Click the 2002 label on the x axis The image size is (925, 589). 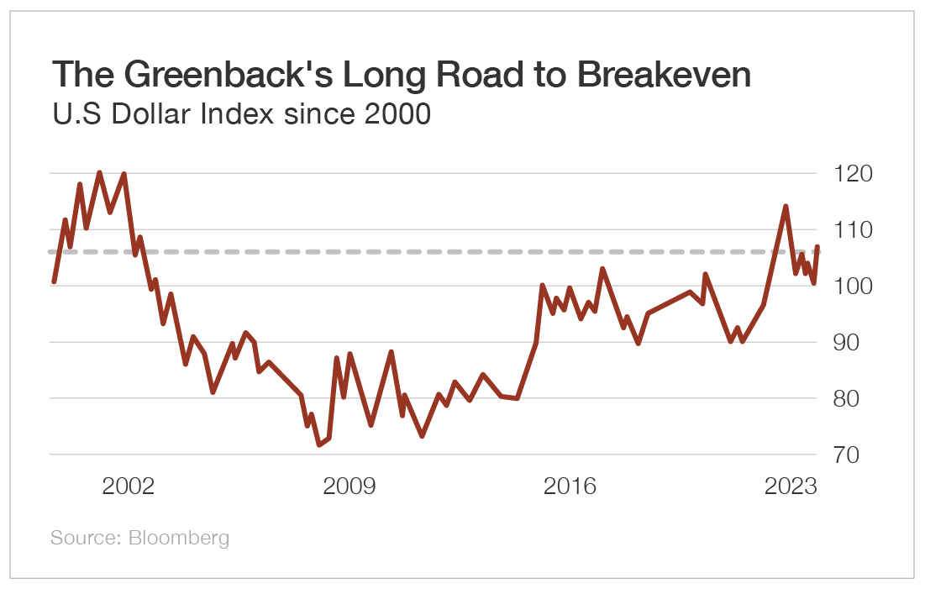pyautogui.click(x=128, y=486)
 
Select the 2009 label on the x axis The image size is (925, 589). pyautogui.click(x=350, y=486)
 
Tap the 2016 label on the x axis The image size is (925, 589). pyautogui.click(x=570, y=486)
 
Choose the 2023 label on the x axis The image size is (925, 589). pyautogui.click(x=791, y=486)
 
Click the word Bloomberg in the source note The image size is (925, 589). pyautogui.click(x=179, y=538)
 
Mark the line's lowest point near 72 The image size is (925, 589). pyautogui.click(x=318, y=444)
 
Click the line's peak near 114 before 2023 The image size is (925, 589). pyautogui.click(x=785, y=206)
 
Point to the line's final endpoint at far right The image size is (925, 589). pyautogui.click(x=817, y=247)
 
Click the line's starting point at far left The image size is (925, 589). pyautogui.click(x=53, y=281)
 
